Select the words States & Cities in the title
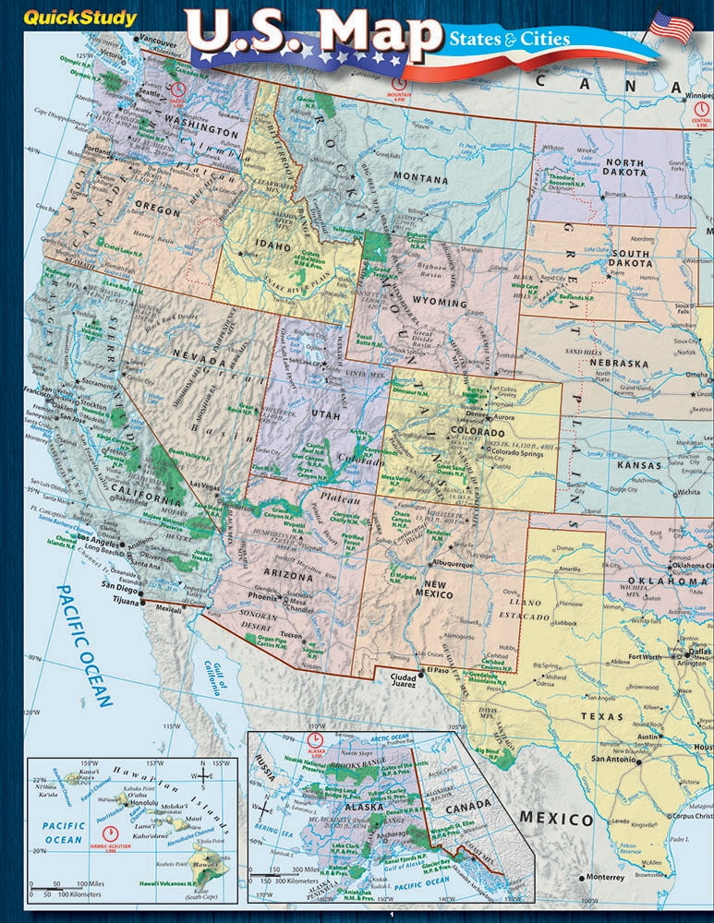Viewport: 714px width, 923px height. click(509, 39)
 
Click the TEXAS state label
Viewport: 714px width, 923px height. click(601, 715)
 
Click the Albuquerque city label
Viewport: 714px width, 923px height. click(449, 563)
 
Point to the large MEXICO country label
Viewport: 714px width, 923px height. click(555, 819)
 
